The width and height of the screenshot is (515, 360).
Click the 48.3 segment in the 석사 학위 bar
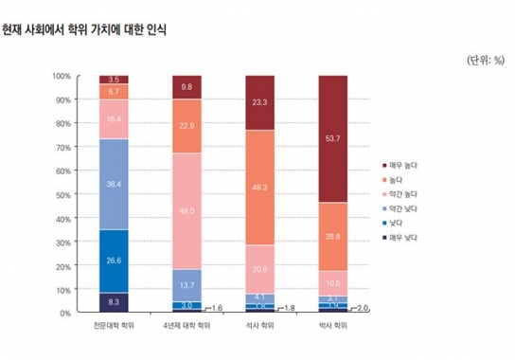[x=260, y=188]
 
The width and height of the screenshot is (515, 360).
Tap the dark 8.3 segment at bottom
[x=114, y=302]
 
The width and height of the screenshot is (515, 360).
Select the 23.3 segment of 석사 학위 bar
[x=260, y=102]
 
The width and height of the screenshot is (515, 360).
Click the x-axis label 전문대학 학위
[x=114, y=327]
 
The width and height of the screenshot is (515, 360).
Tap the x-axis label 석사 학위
[x=260, y=327]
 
